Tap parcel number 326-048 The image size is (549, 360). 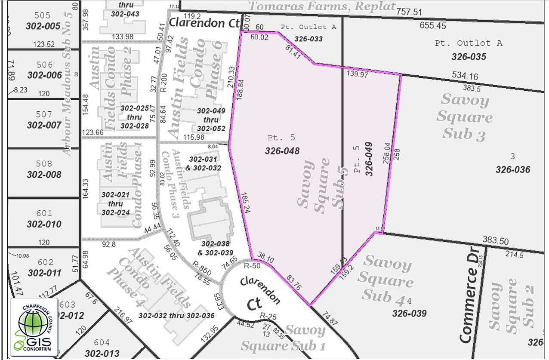(x=282, y=151)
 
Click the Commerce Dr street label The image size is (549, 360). (x=469, y=304)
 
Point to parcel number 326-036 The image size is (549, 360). (x=512, y=169)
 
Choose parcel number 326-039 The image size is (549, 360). (x=409, y=313)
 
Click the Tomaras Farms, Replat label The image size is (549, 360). (x=322, y=6)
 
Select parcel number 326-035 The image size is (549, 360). (x=469, y=57)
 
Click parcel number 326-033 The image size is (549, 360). (x=308, y=39)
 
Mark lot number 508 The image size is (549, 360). (x=43, y=164)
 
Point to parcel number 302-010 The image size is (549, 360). (x=43, y=224)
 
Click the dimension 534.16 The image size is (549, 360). (x=465, y=77)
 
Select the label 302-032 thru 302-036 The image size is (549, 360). (x=176, y=315)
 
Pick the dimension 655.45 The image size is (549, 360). (x=433, y=25)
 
